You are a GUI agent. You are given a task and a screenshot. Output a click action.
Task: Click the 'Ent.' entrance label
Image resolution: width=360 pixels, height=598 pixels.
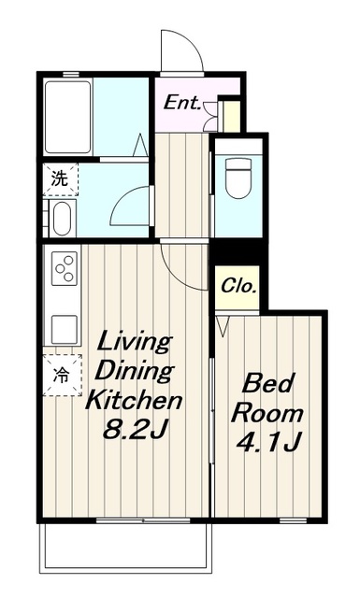point(181,103)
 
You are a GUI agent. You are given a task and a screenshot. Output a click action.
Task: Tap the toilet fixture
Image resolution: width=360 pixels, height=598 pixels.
point(238,178)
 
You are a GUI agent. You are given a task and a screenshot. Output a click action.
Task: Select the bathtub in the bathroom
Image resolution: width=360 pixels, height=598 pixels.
point(67,117)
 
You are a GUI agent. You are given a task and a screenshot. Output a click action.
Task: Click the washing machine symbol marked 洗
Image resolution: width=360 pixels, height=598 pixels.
point(61,179)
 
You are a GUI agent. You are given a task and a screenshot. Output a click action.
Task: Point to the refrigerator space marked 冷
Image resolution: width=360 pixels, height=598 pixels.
point(62,376)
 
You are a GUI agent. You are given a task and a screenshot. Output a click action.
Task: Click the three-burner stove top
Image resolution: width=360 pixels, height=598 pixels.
point(65,268)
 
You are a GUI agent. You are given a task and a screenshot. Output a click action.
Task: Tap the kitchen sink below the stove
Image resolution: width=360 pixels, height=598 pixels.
point(65,329)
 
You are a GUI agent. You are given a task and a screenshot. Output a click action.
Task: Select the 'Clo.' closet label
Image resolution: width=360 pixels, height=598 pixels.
point(238,286)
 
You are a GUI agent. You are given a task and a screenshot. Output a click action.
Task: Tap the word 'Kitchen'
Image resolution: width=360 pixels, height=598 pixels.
point(134,400)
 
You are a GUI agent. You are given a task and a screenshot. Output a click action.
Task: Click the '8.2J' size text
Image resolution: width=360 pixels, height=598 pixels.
point(136,430)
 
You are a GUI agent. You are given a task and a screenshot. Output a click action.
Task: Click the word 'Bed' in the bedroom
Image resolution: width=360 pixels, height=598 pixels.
point(268,383)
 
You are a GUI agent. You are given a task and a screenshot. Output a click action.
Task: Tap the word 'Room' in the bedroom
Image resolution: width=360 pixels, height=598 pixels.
point(267,412)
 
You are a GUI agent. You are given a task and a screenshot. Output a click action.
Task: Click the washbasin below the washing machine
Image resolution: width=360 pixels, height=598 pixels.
point(62,218)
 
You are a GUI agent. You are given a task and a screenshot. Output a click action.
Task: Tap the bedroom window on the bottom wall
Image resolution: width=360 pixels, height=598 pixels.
point(294,520)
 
